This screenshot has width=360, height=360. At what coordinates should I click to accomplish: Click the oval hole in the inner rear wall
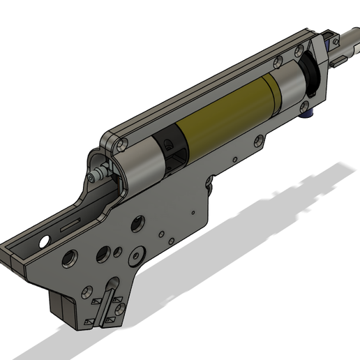tap(44, 239)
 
